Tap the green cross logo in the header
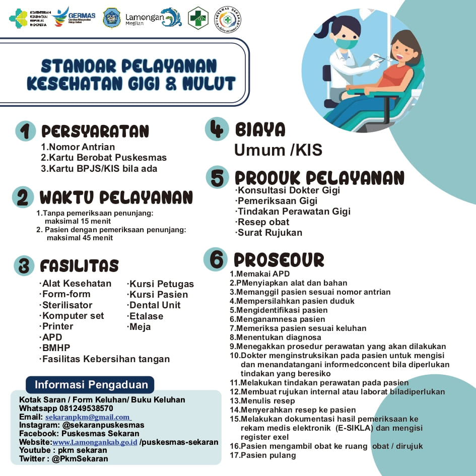(198, 18)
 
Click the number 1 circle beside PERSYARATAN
(25, 131)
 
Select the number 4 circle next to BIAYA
(217, 128)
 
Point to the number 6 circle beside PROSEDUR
(216, 259)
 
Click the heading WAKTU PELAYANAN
(116, 197)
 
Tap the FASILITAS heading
(79, 265)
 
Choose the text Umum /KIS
(278, 150)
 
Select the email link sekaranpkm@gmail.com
(88, 417)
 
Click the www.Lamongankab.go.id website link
(95, 442)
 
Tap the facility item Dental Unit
(155, 305)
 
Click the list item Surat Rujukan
(269, 233)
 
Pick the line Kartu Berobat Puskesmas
(104, 158)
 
